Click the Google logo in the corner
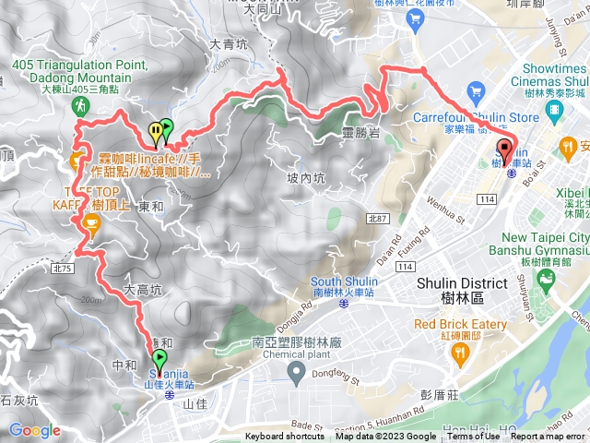click(x=34, y=430)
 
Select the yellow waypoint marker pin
click(x=156, y=132)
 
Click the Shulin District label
click(x=462, y=283)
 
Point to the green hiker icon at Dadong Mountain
click(x=80, y=106)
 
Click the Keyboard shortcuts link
click(x=285, y=437)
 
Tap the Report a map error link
click(x=549, y=437)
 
